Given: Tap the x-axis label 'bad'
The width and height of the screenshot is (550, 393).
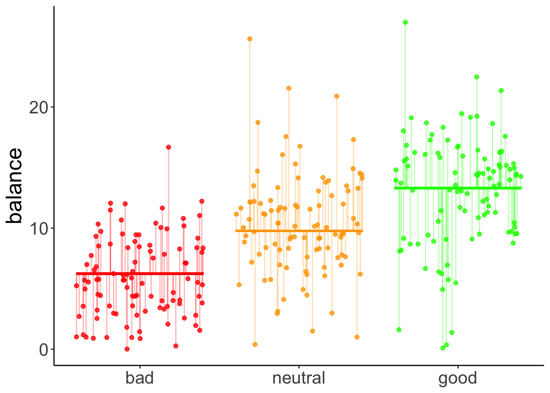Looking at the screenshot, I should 140,378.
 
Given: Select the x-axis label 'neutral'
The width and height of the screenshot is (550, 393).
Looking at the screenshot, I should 299,378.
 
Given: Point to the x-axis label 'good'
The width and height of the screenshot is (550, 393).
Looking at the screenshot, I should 458,378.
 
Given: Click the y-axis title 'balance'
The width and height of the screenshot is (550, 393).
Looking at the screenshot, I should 15,186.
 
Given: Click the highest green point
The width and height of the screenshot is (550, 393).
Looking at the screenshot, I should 405,23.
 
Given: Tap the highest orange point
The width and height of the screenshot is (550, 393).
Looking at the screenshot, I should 250,39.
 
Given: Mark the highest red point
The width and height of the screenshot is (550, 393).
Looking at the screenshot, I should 168,147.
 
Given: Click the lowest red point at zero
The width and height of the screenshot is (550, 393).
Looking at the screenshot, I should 127,349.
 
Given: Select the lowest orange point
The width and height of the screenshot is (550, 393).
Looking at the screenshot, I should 255,344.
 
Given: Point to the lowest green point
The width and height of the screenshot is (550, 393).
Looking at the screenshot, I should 443,348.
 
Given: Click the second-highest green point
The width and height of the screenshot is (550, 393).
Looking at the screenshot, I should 477,77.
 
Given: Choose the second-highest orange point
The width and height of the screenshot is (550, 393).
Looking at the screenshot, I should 289,88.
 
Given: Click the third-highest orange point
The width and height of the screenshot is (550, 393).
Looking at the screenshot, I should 337,96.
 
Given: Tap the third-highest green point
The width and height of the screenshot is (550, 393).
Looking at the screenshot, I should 501,90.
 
